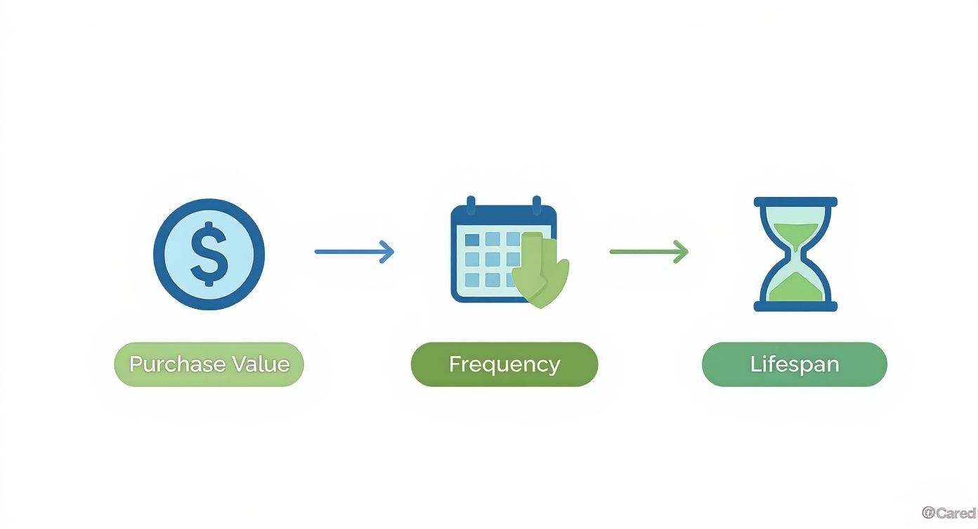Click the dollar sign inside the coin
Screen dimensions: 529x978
click(209, 255)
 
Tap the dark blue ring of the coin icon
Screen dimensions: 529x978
click(209, 205)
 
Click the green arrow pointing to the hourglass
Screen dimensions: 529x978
click(648, 252)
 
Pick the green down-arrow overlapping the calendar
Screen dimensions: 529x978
click(540, 271)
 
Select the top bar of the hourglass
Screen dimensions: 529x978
click(795, 202)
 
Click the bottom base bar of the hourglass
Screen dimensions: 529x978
click(795, 306)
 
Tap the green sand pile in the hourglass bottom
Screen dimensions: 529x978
click(795, 288)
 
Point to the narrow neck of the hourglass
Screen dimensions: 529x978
click(795, 253)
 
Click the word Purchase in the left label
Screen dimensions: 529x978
click(177, 364)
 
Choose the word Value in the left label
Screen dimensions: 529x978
click(261, 364)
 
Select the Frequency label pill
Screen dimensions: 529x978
click(504, 364)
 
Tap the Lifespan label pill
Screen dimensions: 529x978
click(794, 364)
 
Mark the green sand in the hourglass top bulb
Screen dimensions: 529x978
click(795, 231)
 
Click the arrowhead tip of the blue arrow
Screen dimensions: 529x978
click(391, 252)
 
